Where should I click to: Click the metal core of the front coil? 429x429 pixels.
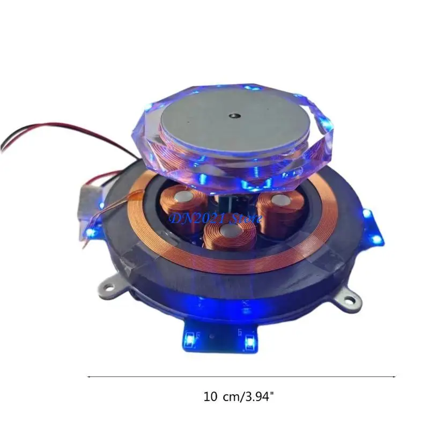(x=229, y=231)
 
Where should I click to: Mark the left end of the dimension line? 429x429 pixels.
(x=87, y=377)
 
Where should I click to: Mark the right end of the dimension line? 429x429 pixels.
(x=396, y=377)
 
